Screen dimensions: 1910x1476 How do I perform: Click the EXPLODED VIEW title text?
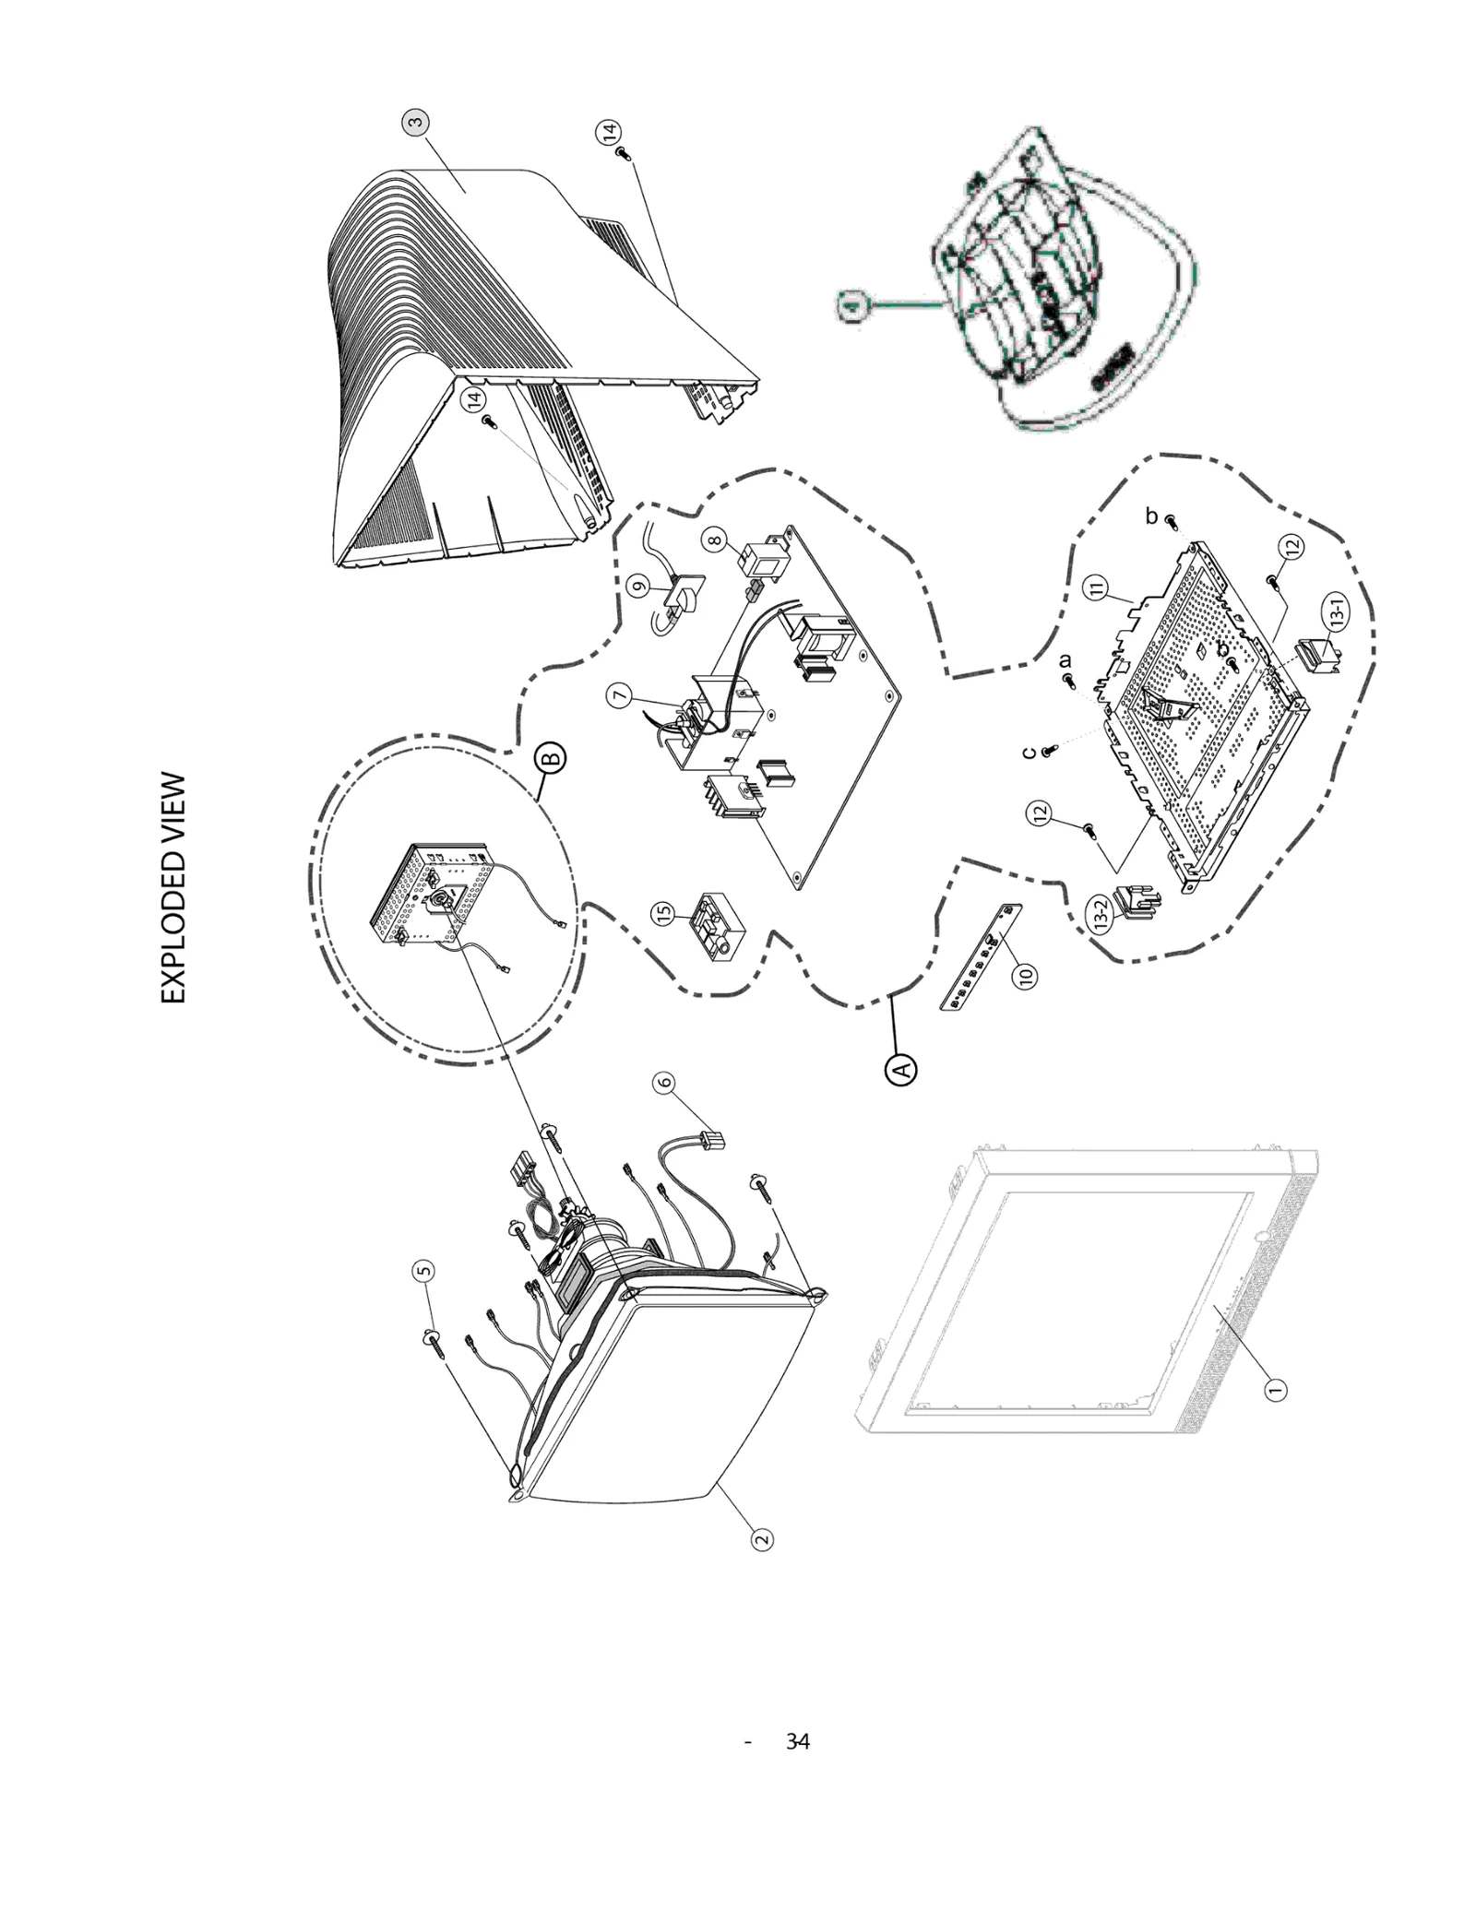pos(173,888)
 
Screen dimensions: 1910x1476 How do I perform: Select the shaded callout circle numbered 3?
pos(416,122)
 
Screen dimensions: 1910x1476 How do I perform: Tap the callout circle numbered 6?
pos(664,1083)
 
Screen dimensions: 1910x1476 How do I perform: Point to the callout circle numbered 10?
pos(1024,974)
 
